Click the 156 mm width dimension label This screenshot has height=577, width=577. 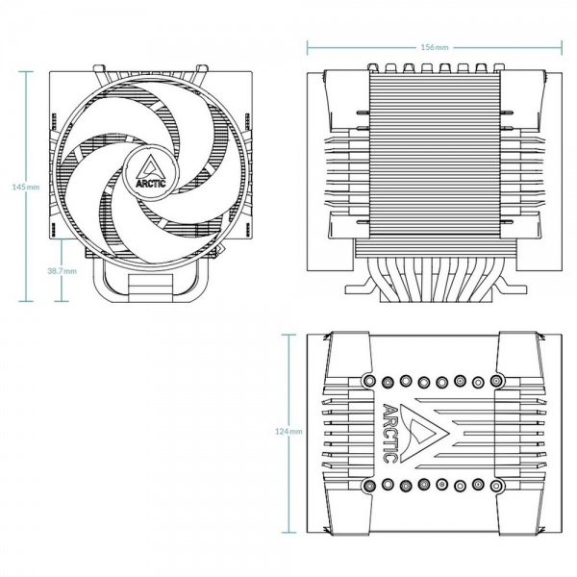coord(435,47)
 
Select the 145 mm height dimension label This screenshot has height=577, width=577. coord(26,187)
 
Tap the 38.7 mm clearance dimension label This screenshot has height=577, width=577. coord(62,271)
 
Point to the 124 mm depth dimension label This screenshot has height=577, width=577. coord(288,431)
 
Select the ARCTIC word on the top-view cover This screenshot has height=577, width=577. coord(390,434)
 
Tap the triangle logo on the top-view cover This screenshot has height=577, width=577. coord(423,434)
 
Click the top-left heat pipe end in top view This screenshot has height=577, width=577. coord(369,381)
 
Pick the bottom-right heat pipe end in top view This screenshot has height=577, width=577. coord(496,486)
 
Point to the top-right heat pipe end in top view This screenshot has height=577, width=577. coord(496,380)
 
